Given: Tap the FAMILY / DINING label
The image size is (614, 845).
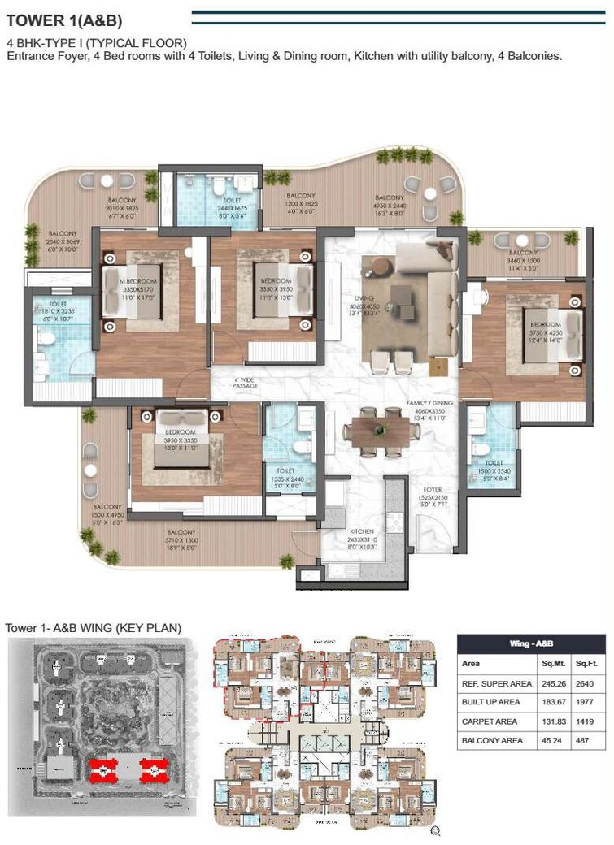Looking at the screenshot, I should click(x=431, y=403).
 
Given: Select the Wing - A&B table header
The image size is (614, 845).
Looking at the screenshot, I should click(x=531, y=643).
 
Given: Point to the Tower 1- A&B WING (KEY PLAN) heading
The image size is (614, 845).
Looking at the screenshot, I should click(x=93, y=627).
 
